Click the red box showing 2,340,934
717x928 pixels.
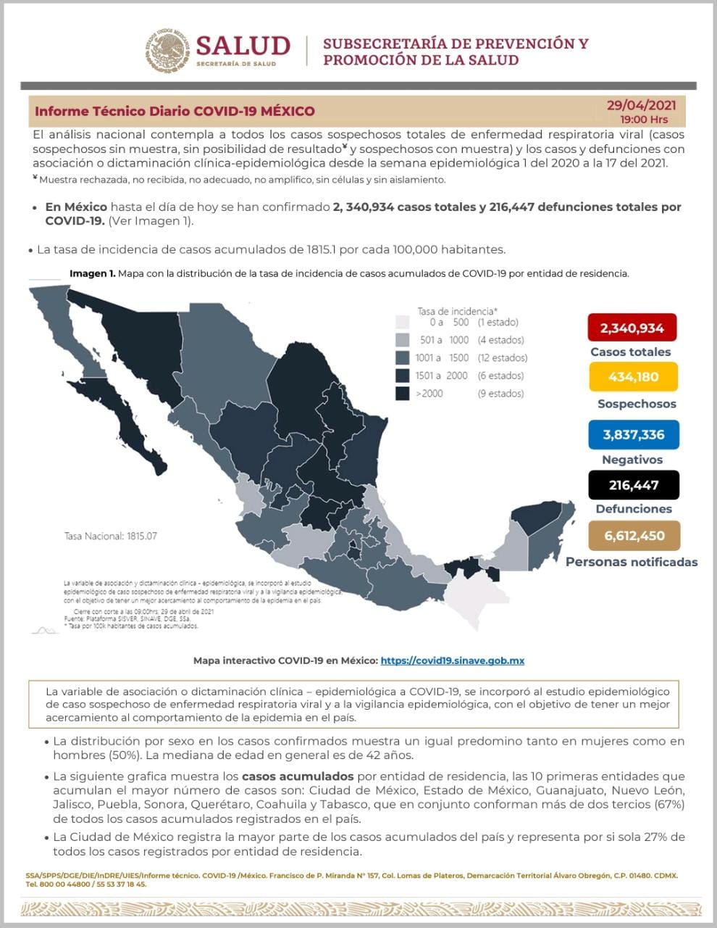(632, 328)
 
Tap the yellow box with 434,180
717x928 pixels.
(632, 377)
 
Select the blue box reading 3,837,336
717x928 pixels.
(633, 435)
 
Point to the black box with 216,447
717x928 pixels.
(633, 485)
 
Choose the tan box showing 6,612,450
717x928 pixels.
(634, 536)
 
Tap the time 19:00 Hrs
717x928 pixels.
(643, 119)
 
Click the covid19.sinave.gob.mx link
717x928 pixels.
(452, 660)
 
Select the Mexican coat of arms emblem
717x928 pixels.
(166, 51)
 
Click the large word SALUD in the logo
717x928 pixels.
(243, 46)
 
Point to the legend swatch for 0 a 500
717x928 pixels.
(403, 323)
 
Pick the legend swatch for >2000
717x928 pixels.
(403, 394)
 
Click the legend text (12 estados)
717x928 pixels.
(502, 357)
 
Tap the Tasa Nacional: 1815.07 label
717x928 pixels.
(110, 536)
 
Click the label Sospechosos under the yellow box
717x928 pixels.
(637, 404)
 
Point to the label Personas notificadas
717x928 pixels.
(632, 562)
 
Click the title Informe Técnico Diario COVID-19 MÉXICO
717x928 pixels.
(175, 112)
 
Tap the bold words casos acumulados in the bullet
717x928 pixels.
(297, 776)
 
